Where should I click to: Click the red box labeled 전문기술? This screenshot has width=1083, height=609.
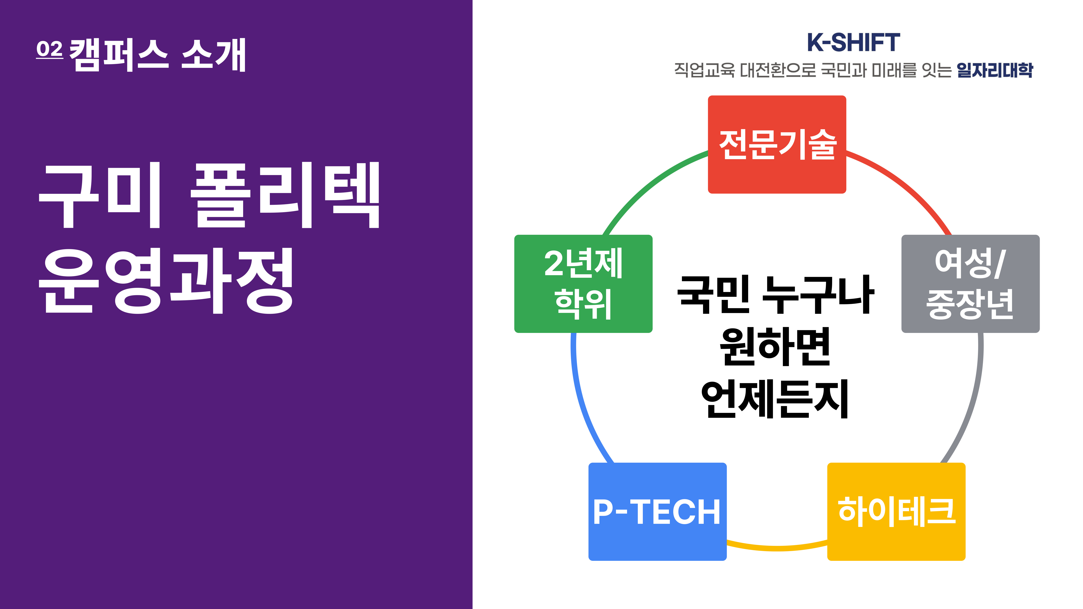click(x=777, y=145)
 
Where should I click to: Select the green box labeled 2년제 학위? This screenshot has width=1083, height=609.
click(x=583, y=284)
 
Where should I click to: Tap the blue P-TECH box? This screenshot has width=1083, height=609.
click(x=658, y=512)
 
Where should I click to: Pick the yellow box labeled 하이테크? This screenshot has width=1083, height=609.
click(x=896, y=512)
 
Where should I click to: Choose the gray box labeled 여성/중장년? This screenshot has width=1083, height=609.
click(x=970, y=284)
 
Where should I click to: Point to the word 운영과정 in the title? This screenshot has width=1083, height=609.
click(x=166, y=281)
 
